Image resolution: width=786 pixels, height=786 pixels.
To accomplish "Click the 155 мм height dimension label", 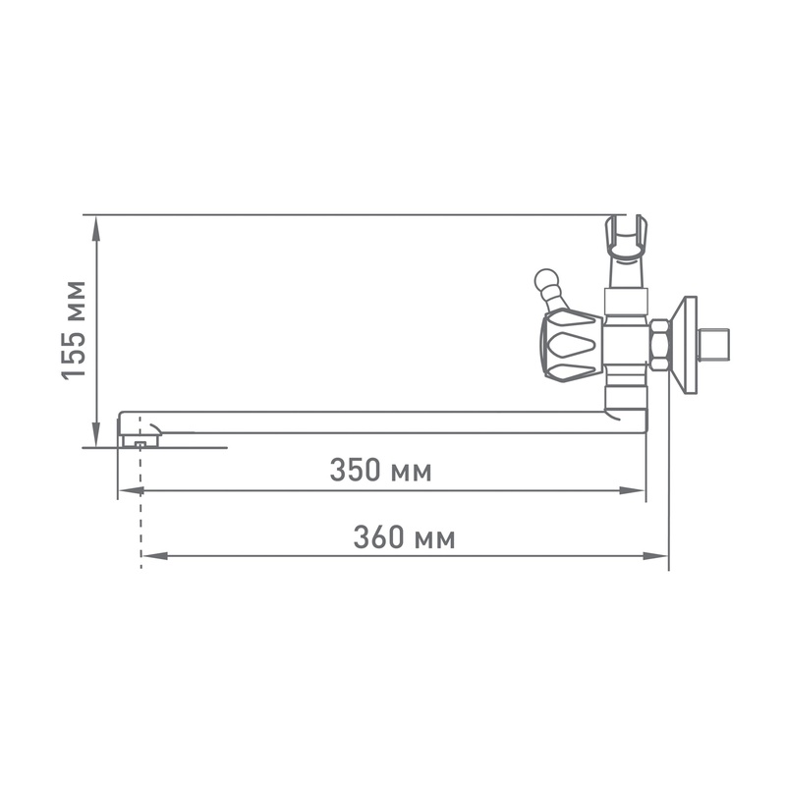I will [x=75, y=330].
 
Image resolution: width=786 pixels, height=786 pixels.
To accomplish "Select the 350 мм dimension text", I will [x=380, y=471].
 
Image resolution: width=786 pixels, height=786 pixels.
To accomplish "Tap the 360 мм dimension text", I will [x=404, y=538].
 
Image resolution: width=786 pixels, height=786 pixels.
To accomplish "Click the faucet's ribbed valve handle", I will [x=570, y=345].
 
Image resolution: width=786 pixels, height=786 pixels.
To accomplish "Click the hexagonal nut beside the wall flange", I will [x=660, y=345].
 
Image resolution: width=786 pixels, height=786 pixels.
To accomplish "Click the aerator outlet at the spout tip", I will [x=139, y=442].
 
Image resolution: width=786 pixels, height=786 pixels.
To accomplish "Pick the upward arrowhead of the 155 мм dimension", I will [x=95, y=224].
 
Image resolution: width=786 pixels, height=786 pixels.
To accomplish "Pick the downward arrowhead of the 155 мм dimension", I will [x=95, y=438].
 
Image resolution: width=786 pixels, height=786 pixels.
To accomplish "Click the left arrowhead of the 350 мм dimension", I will [x=126, y=490].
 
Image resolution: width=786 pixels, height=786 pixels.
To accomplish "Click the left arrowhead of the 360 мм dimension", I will [x=149, y=556].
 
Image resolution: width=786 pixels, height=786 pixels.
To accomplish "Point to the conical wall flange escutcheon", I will [x=686, y=345].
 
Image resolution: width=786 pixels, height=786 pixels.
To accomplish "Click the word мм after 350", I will [x=411, y=473].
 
